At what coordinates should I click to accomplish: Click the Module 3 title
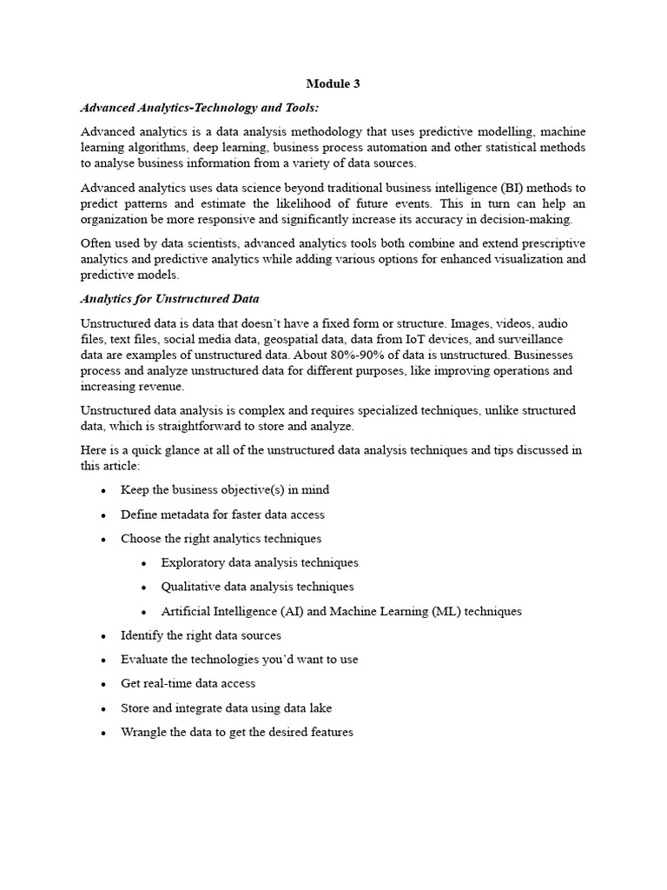(333, 84)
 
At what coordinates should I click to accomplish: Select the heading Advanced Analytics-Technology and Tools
(200, 108)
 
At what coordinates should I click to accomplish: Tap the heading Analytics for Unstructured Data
(169, 299)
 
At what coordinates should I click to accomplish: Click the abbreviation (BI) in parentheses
(492, 188)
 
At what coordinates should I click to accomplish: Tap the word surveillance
(538, 340)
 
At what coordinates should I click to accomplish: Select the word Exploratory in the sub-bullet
(192, 562)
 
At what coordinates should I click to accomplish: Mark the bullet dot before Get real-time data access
(103, 685)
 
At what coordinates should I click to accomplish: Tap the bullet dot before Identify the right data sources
(103, 636)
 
